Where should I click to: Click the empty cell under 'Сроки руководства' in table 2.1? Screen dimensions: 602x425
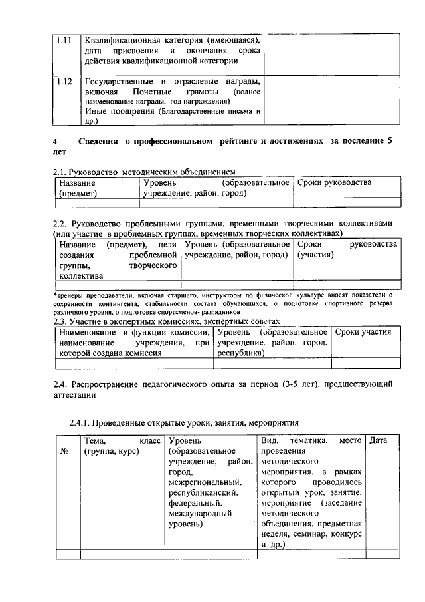[347, 203]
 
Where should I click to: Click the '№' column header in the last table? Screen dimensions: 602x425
[66, 451]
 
